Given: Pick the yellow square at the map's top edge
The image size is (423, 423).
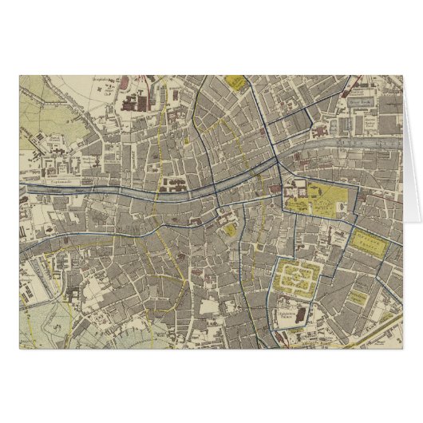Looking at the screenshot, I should [x=233, y=82].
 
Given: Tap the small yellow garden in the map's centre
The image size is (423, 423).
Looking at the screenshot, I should [x=231, y=231].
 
